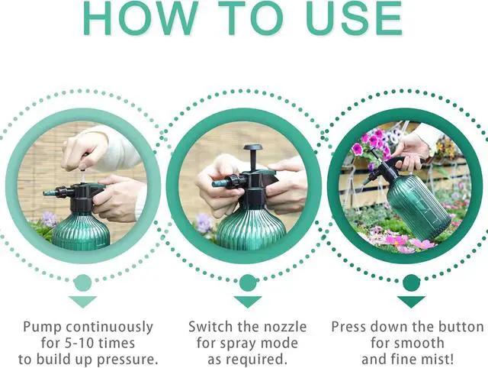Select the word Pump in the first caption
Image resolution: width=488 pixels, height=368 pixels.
(x=42, y=327)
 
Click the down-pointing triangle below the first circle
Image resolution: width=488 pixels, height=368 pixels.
(x=82, y=301)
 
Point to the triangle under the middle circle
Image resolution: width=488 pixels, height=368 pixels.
(x=248, y=301)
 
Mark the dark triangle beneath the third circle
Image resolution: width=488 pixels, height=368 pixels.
(x=412, y=301)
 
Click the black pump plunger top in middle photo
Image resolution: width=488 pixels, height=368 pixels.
(x=252, y=148)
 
